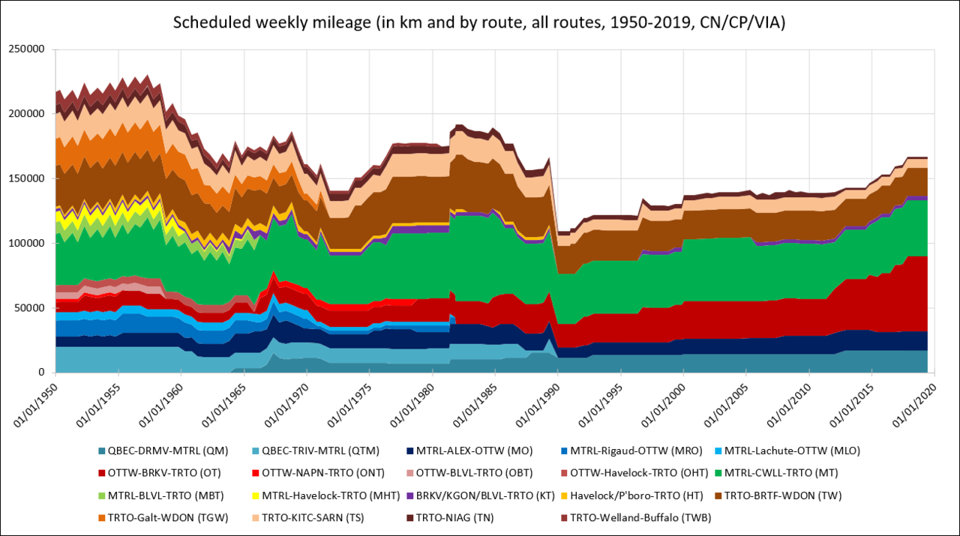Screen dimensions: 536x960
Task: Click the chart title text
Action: (479, 22)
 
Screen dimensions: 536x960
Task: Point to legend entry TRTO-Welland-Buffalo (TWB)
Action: (640, 517)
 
